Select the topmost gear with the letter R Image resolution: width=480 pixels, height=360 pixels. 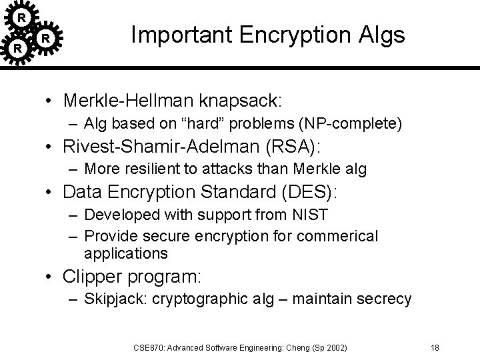[x=22, y=17]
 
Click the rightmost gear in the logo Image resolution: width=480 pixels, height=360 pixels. [x=45, y=39]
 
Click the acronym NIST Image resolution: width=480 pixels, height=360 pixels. [x=312, y=215]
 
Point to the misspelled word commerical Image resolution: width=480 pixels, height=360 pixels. [x=339, y=235]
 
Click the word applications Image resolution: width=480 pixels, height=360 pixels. [x=126, y=254]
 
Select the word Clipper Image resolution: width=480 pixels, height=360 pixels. [x=92, y=277]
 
